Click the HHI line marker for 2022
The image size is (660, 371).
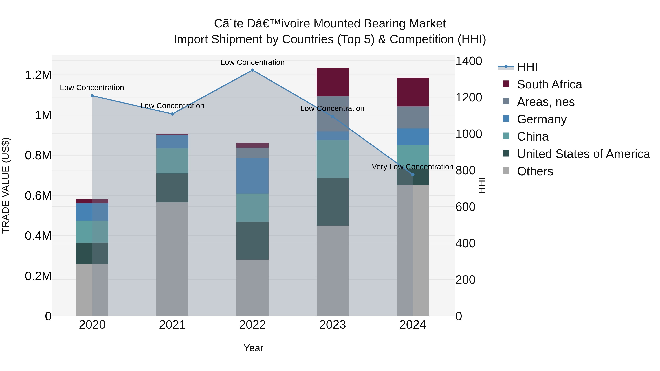pos(252,70)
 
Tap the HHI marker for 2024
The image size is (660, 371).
pos(412,175)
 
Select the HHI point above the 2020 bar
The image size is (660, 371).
pos(92,96)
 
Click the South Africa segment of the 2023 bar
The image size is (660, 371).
pos(333,82)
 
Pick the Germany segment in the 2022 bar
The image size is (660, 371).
pos(252,176)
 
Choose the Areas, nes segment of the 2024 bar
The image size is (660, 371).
pos(412,117)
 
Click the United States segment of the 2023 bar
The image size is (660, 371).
pos(333,202)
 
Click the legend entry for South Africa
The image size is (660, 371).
pos(549,84)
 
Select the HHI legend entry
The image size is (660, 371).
pos(527,67)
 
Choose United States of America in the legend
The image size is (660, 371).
pos(583,154)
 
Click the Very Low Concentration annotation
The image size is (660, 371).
pos(412,167)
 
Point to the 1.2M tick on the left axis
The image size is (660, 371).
pos(38,75)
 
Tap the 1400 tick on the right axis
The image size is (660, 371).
pos(469,61)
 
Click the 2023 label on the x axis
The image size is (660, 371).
pos(333,325)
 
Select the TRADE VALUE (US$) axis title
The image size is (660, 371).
pos(6,185)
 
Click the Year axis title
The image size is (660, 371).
pos(253,348)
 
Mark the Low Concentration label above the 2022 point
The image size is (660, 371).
pos(252,62)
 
